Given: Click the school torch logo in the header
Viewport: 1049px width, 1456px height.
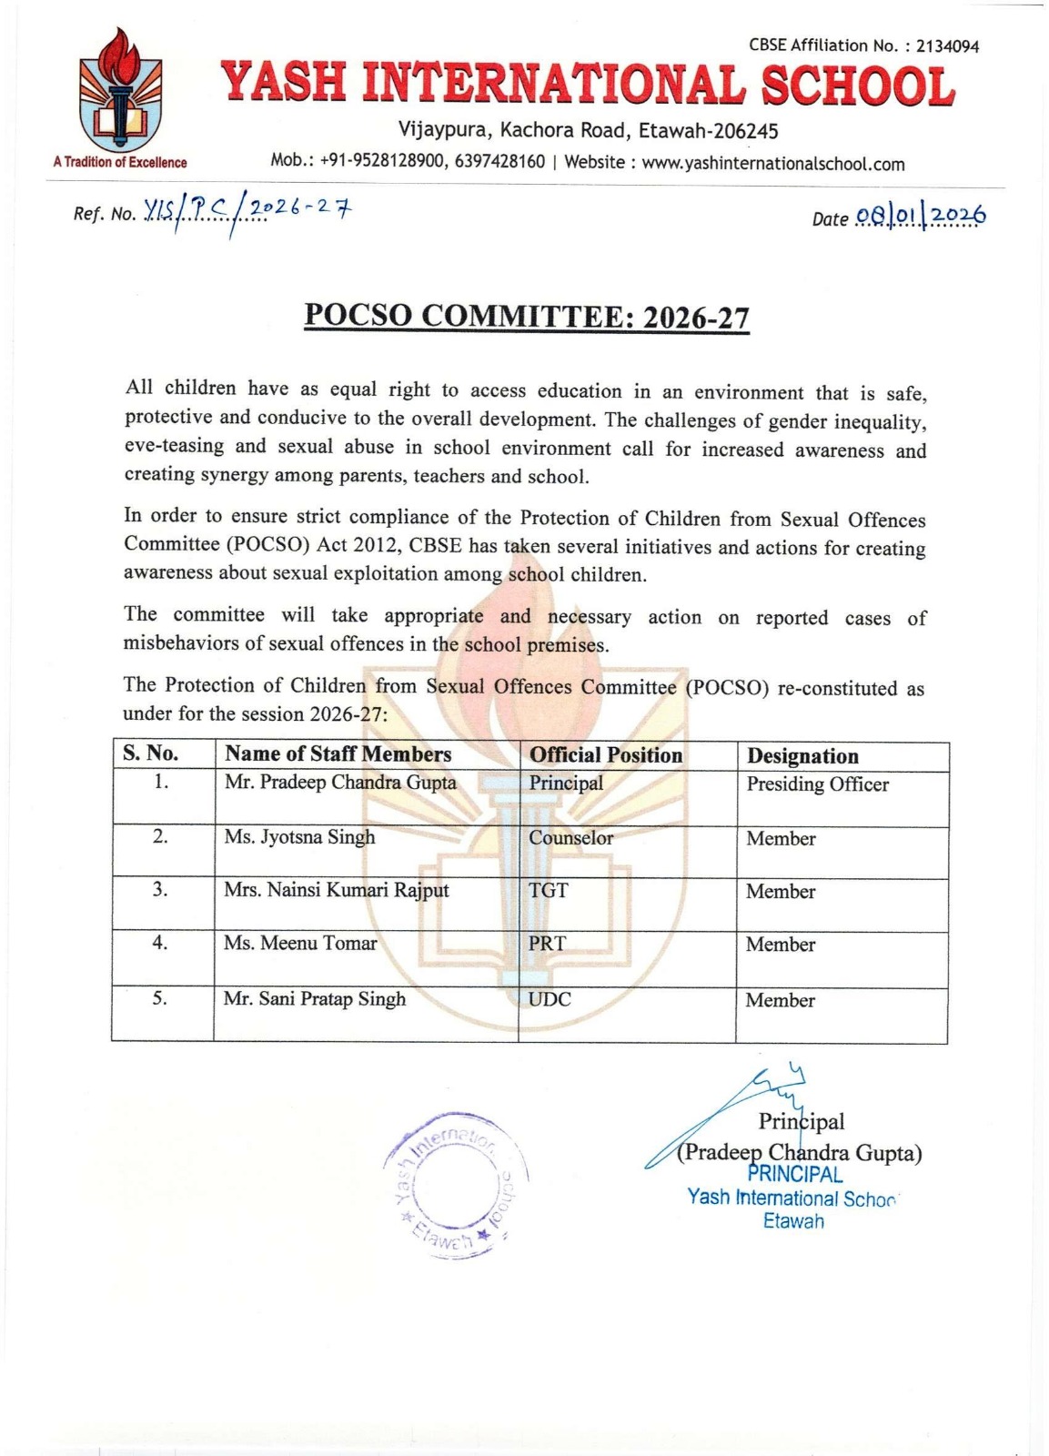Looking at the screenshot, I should click(120, 89).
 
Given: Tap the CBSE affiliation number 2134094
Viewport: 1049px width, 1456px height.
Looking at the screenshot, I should click(947, 46).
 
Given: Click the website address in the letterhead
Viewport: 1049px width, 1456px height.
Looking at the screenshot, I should click(772, 164).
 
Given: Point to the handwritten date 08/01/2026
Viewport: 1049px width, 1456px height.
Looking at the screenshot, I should click(920, 217).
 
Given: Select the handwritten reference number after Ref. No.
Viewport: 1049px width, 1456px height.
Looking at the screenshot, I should click(247, 211).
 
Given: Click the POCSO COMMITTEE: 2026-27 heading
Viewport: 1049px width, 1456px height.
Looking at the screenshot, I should click(527, 316).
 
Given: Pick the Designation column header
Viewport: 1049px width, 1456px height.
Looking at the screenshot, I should click(802, 756).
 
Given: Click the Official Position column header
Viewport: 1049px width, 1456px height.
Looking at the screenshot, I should click(605, 755).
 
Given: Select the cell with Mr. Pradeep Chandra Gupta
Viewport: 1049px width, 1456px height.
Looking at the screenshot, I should click(340, 783).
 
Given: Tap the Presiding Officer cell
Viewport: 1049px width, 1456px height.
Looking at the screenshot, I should click(817, 784).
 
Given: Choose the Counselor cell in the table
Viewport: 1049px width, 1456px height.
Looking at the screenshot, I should click(570, 838).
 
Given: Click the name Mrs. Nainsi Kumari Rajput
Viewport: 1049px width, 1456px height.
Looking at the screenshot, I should click(336, 890).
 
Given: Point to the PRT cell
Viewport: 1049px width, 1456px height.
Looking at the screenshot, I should click(547, 944).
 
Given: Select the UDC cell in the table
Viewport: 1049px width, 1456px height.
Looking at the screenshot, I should click(550, 999).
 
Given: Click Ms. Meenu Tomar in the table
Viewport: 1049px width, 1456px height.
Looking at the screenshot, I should click(300, 944).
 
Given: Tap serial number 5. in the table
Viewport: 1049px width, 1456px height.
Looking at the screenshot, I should click(160, 998).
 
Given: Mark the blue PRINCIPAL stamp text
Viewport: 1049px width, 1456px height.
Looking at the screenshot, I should click(794, 1175).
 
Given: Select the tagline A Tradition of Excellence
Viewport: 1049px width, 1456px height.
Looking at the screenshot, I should click(120, 163).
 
